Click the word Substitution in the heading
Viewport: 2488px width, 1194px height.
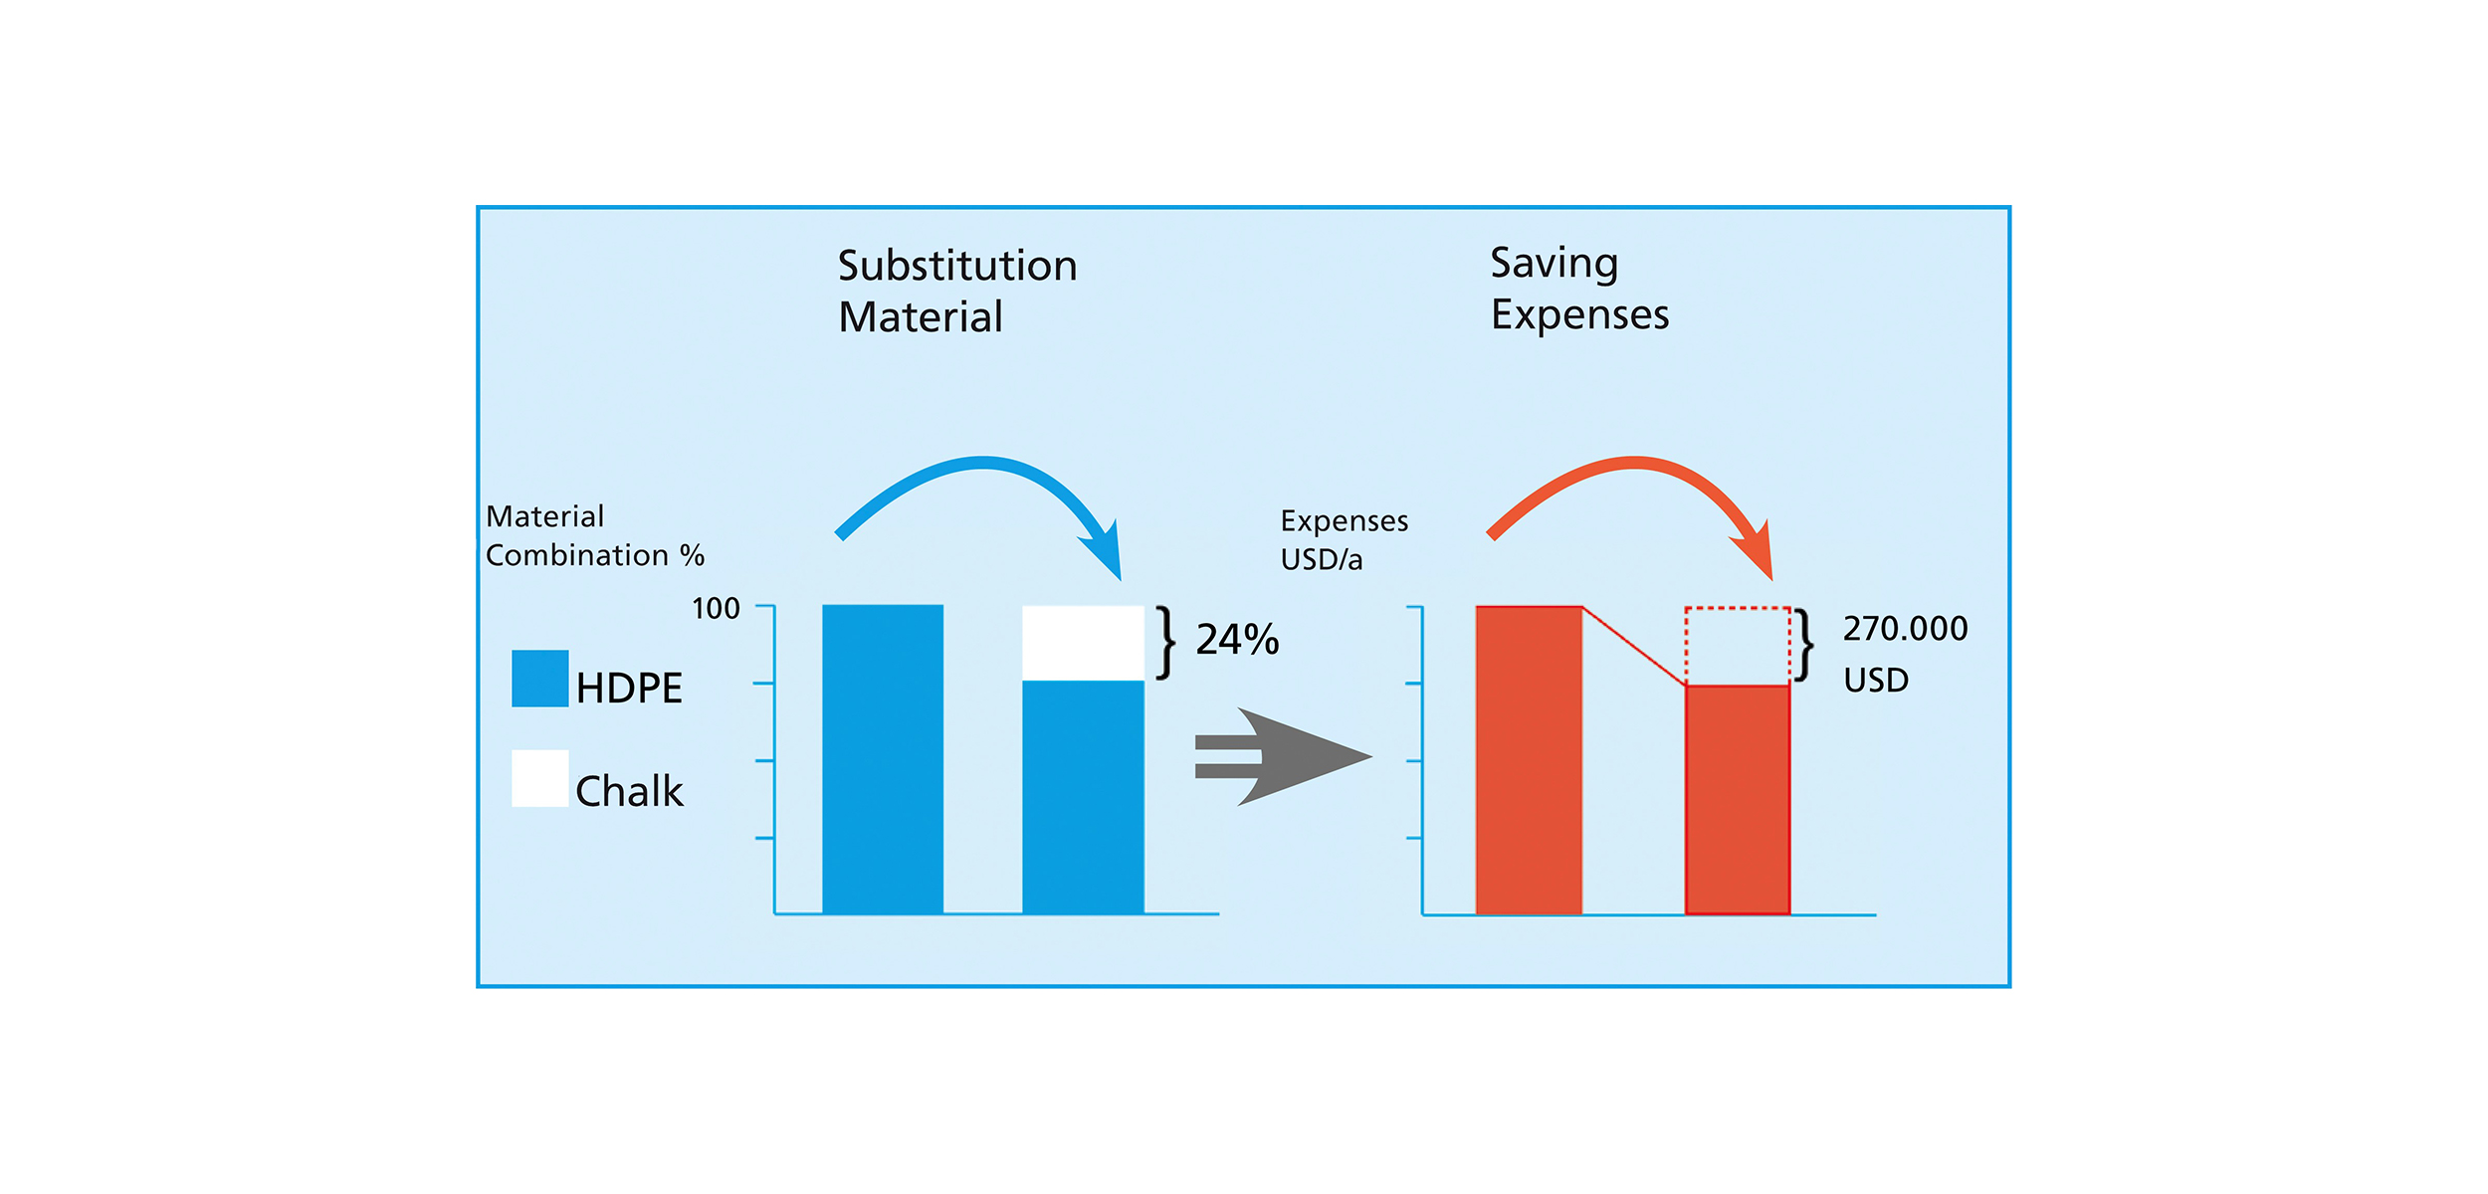click(957, 266)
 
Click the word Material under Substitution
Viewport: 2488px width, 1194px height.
click(921, 317)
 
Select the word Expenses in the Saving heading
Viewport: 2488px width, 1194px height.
click(1579, 314)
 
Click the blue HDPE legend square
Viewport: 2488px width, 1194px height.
click(540, 679)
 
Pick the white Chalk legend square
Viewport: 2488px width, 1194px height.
click(540, 778)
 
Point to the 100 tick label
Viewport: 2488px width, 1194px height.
click(716, 608)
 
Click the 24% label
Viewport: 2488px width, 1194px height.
click(1237, 640)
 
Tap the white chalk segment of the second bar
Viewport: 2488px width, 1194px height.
click(1083, 643)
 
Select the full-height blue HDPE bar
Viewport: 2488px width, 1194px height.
click(883, 759)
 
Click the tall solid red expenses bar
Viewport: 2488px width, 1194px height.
click(1529, 760)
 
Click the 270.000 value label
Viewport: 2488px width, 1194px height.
click(1905, 629)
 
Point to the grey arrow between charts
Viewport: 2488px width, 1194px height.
click(1283, 756)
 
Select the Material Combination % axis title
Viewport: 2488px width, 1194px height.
click(594, 535)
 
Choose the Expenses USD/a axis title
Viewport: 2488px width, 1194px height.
click(1344, 540)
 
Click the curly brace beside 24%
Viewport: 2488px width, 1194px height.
click(1165, 643)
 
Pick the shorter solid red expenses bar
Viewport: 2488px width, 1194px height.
click(1738, 800)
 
